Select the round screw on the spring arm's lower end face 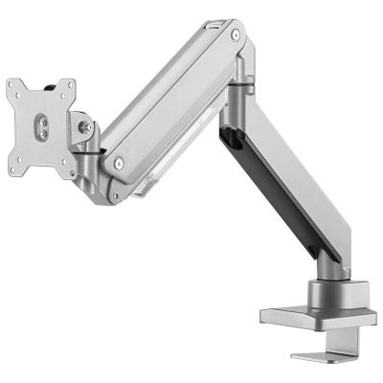(x=118, y=163)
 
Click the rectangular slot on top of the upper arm (x=211, y=23)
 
